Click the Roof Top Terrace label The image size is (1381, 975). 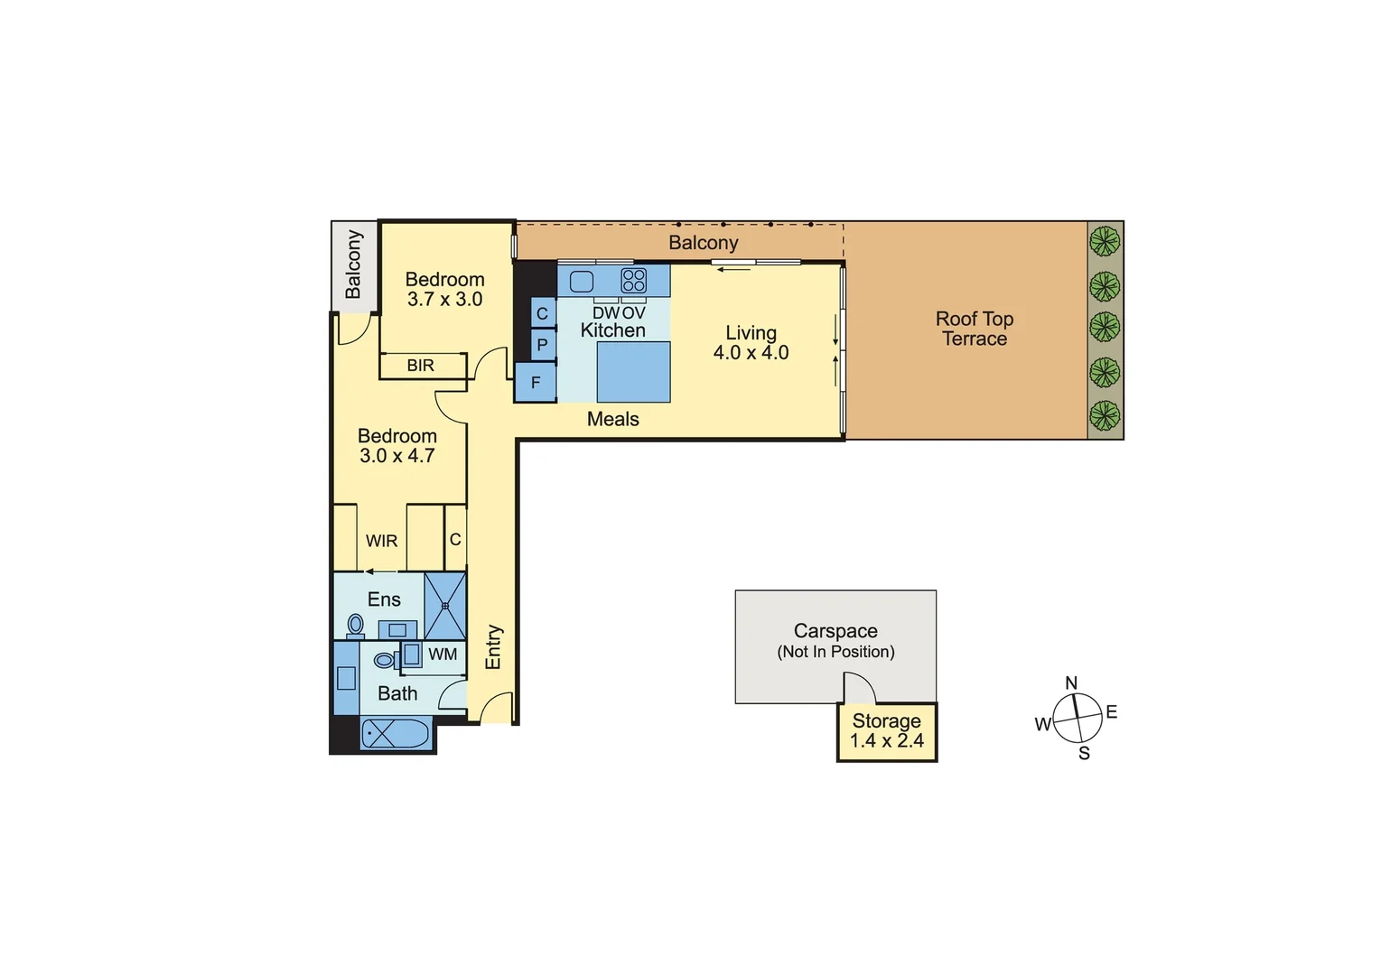[x=974, y=329]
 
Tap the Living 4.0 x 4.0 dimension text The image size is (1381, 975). [x=751, y=353]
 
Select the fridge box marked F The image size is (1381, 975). [x=536, y=383]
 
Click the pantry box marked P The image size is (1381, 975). [x=542, y=345]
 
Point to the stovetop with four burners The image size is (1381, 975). [x=634, y=281]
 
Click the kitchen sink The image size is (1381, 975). [x=582, y=281]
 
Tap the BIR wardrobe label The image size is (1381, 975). [x=421, y=366]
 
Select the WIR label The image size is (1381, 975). [x=381, y=541]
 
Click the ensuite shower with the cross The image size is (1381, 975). [x=445, y=606]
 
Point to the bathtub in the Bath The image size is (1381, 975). [x=397, y=732]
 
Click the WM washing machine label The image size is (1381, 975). [x=443, y=655]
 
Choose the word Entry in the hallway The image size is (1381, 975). [x=493, y=647]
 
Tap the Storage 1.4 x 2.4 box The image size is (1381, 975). [x=887, y=731]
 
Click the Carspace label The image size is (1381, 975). [x=835, y=631]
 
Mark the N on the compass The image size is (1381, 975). [x=1071, y=683]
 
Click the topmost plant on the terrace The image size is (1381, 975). [x=1104, y=241]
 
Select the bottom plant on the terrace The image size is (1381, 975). [x=1104, y=416]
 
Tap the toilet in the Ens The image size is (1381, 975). [x=355, y=624]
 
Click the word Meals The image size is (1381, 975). [x=612, y=419]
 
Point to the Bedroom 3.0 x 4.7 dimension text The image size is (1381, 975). [x=397, y=456]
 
